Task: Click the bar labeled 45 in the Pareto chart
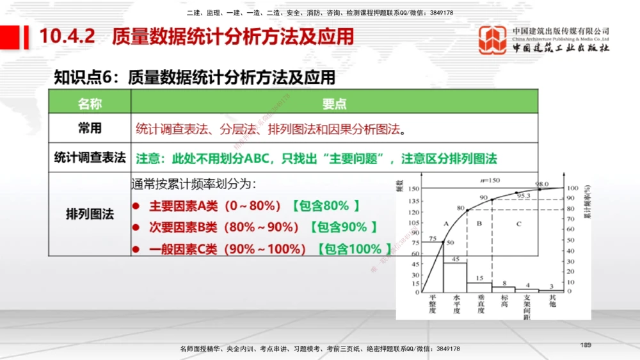(x=456, y=277)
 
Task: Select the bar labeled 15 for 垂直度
(x=479, y=287)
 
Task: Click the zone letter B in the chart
(x=479, y=223)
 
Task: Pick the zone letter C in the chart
(x=518, y=223)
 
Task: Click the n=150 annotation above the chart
(x=491, y=180)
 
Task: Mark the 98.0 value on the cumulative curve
(x=542, y=184)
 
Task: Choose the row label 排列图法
(x=90, y=214)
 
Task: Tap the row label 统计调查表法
(x=90, y=158)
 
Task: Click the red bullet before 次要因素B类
(x=136, y=227)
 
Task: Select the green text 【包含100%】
(x=354, y=249)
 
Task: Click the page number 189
(x=585, y=345)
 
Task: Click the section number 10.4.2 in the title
(x=67, y=37)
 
